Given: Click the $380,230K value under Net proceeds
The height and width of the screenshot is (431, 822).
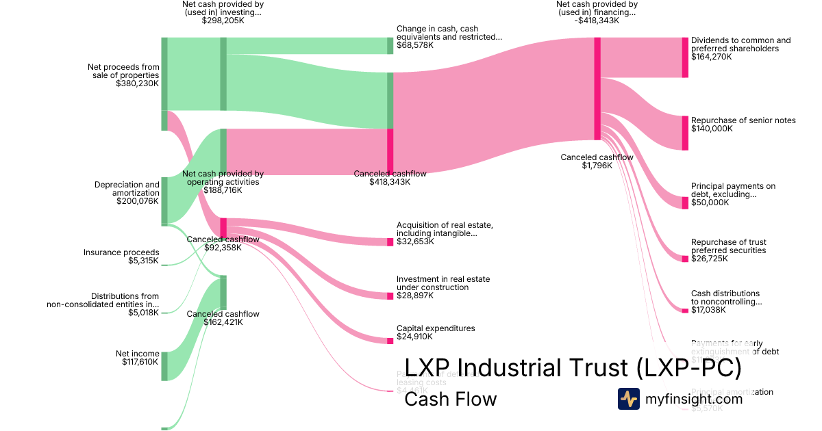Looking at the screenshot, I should point(137,84).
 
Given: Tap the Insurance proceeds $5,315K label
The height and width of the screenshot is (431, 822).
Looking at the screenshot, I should point(121,257).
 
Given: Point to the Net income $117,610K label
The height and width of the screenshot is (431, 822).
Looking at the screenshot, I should point(137,358).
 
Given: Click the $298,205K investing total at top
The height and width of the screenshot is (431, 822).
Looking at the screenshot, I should point(223,21).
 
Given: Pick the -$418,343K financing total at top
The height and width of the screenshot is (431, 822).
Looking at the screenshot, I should point(597,21).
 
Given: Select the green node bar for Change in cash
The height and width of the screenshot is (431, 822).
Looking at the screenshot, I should point(390,46).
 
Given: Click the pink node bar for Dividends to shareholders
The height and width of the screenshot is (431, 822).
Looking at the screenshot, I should point(684,57).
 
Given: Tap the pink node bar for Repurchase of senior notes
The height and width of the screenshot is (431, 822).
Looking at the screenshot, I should point(684,133).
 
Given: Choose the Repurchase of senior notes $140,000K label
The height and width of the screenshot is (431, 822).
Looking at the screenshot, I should point(743,124).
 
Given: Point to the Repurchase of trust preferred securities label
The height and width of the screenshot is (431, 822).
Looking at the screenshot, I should point(729,246).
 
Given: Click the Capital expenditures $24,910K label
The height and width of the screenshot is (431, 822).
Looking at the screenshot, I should point(436,332).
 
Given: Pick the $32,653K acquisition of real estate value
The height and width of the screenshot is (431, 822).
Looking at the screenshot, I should point(415,241).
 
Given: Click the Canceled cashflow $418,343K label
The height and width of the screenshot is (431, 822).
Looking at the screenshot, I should point(390,178).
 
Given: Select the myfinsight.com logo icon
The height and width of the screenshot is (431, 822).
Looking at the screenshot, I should point(628,399).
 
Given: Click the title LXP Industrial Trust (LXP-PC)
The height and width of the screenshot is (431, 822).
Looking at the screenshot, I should point(573,368).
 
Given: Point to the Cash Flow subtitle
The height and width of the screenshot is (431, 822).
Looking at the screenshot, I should point(450,399).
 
